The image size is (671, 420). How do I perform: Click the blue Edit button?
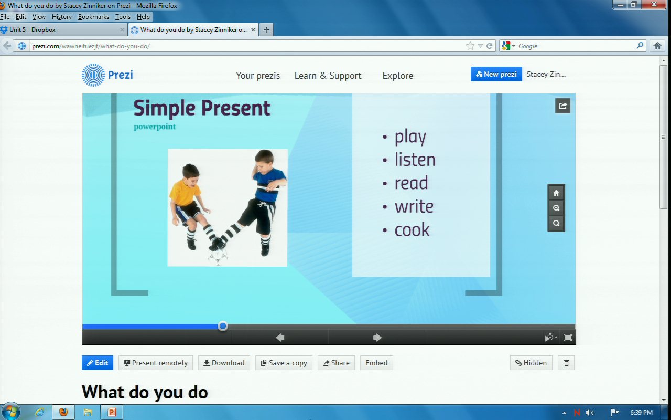[x=98, y=363]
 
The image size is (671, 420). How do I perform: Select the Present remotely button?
[x=156, y=363]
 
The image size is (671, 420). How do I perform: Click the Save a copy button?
[x=284, y=363]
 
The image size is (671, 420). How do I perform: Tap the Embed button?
[x=376, y=363]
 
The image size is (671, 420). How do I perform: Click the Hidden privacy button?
[x=531, y=363]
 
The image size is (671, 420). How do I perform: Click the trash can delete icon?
[x=566, y=363]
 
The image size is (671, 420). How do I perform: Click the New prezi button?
[x=496, y=74]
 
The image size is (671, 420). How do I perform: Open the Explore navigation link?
[x=397, y=75]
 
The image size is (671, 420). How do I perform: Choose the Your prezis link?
[x=258, y=76]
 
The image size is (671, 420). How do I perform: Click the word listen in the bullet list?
[x=415, y=159]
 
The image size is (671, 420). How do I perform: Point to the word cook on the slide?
[x=412, y=230]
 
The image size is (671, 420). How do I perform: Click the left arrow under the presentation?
[x=280, y=338]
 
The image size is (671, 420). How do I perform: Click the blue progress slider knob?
[x=223, y=326]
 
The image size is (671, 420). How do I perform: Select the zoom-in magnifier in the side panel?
[x=556, y=208]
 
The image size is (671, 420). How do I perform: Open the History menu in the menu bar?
[x=62, y=17]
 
